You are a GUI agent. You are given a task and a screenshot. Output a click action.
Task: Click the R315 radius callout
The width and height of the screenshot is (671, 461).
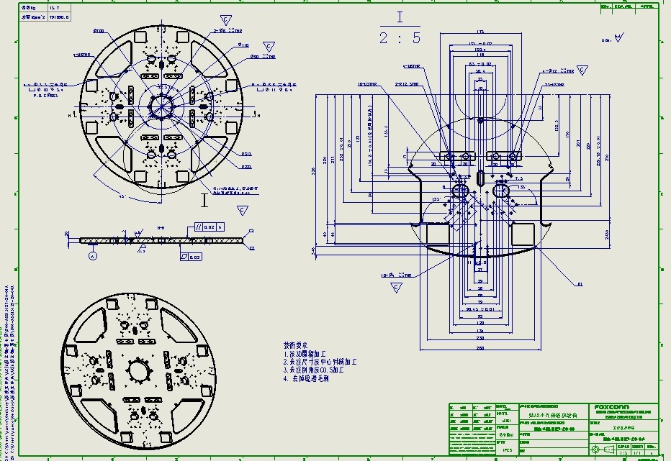point(246,153)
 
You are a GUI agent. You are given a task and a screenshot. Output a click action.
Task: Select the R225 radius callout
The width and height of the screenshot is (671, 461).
point(246,167)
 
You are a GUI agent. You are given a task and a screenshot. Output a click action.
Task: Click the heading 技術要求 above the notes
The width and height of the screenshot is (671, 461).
point(297,345)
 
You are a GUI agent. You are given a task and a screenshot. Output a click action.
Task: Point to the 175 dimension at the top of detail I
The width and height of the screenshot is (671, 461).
point(480,32)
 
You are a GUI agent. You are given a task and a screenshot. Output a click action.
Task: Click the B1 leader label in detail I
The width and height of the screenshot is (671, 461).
point(579,285)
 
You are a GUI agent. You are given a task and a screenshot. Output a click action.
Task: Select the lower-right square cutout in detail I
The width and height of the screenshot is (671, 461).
point(521,233)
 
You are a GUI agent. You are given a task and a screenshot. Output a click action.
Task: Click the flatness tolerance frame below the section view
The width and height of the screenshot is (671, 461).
point(191,256)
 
